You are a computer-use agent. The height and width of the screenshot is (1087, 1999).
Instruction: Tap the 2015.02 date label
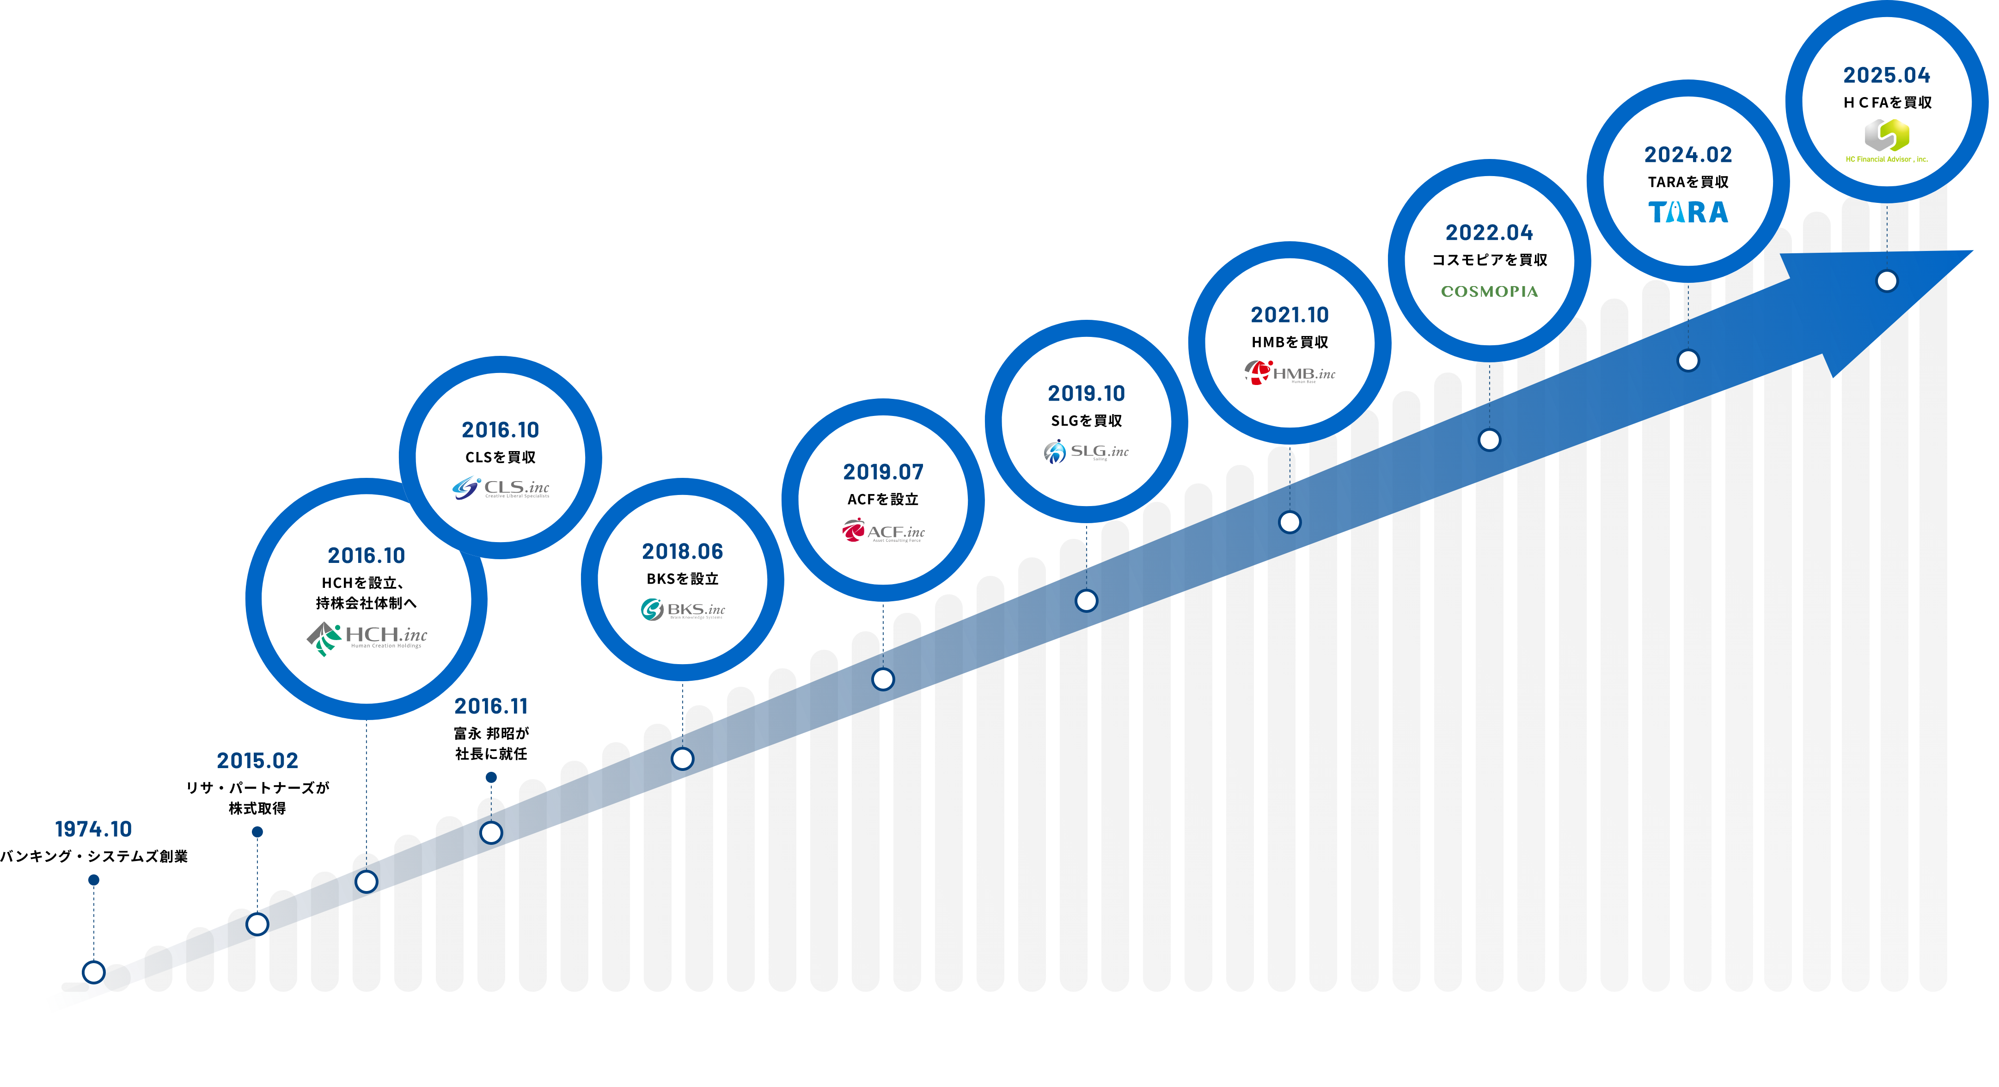tap(257, 760)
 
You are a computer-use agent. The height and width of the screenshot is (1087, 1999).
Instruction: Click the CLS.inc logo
tap(501, 488)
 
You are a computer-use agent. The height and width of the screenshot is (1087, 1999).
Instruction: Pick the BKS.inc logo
tap(683, 610)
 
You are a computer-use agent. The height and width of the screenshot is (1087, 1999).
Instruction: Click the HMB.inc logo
tap(1290, 373)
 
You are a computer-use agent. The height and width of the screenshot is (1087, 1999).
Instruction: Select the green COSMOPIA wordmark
tap(1489, 292)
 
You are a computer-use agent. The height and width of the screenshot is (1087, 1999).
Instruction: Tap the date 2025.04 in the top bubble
tap(1887, 75)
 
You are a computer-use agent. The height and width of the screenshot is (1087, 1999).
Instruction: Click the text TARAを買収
tap(1688, 183)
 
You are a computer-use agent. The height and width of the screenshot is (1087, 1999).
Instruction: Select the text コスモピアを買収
tap(1489, 260)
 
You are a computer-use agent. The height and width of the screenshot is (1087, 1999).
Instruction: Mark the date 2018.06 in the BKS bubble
tap(683, 552)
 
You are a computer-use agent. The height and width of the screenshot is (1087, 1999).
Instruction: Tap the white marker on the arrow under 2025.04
tap(1887, 281)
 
